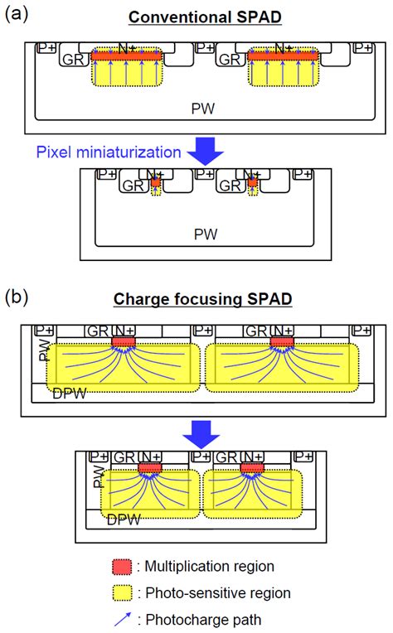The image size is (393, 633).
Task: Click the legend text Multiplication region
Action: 211,566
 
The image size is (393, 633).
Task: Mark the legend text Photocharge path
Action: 198,618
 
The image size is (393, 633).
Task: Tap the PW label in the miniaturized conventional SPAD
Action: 206,234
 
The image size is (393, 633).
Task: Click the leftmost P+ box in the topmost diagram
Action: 46,49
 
